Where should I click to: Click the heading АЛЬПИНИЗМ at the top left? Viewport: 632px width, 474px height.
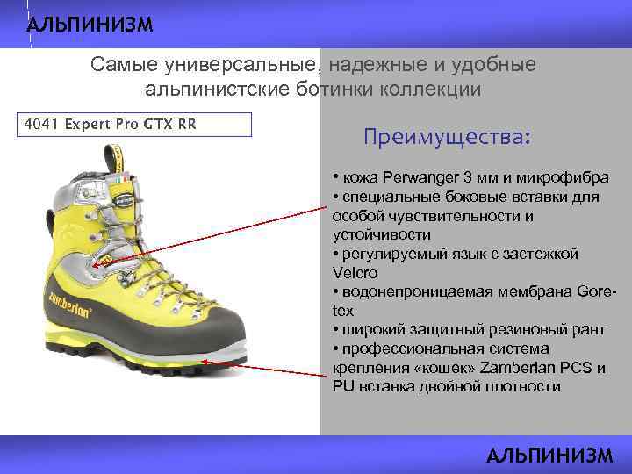[x=90, y=24]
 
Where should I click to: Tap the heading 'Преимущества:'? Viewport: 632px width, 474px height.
[x=448, y=138]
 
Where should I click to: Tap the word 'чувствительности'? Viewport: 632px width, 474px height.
[x=445, y=216]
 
